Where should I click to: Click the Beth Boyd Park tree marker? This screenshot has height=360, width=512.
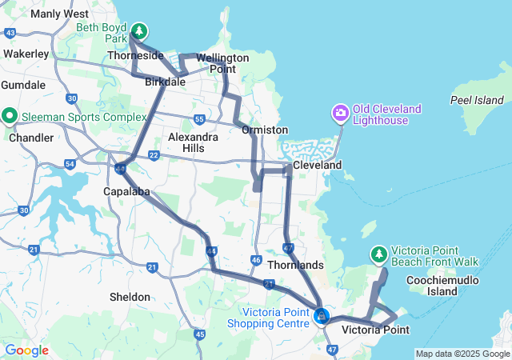tap(140, 31)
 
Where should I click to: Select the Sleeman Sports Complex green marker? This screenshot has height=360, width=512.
tap(10, 116)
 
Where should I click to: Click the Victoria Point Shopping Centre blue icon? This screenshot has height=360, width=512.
tap(321, 317)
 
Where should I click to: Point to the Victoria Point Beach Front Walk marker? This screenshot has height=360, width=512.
tap(378, 254)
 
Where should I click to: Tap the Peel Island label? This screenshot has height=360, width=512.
tap(477, 101)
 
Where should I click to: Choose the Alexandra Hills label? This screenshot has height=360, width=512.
tap(193, 142)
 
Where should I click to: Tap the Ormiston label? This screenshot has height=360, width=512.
tap(265, 130)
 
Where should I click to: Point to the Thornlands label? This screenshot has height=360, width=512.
tap(295, 265)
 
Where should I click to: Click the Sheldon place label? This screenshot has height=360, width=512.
tap(130, 297)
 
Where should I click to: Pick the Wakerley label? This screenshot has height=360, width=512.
tap(26, 54)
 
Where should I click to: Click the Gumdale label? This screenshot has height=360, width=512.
tap(23, 84)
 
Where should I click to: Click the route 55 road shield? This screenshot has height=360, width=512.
tap(198, 119)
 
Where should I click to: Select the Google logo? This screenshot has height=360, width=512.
tap(26, 350)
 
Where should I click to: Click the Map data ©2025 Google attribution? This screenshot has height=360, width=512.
tap(462, 354)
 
